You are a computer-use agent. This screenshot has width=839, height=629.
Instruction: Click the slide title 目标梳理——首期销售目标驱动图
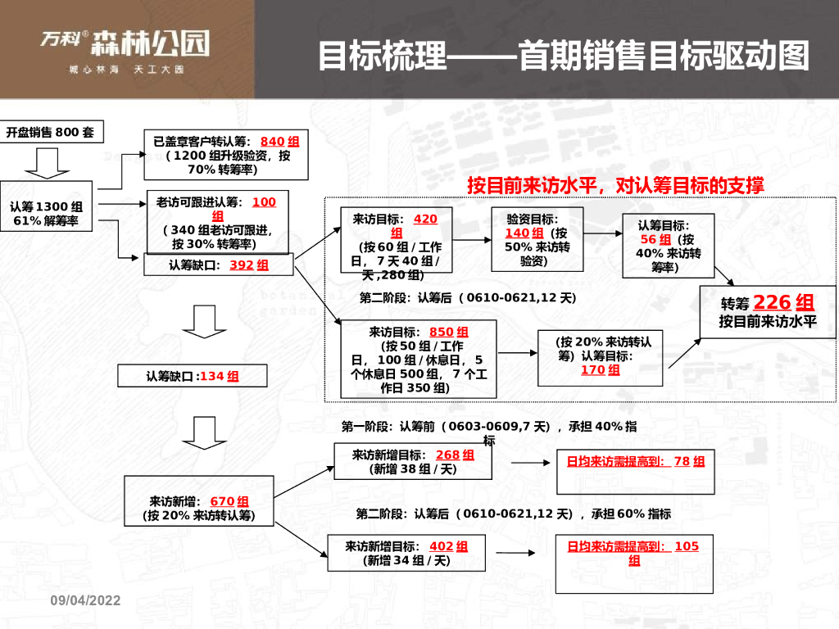pyautogui.click(x=563, y=56)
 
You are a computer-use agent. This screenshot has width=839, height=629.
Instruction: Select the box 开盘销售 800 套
pyautogui.click(x=51, y=132)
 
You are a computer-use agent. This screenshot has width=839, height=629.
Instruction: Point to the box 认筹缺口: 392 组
pyautogui.click(x=219, y=265)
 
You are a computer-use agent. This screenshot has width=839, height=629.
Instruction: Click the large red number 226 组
pyautogui.click(x=783, y=302)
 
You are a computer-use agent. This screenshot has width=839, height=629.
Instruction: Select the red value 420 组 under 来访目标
pyautogui.click(x=425, y=219)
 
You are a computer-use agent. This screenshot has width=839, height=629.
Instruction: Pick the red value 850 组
pyautogui.click(x=448, y=332)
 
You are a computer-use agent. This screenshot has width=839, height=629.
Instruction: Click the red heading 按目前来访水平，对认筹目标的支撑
pyautogui.click(x=615, y=185)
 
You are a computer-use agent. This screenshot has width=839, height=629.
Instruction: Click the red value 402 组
pyautogui.click(x=448, y=546)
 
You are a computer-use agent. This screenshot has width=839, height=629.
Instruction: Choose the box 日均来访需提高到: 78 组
pyautogui.click(x=635, y=470)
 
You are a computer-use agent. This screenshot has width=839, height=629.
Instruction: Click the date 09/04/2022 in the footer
pyautogui.click(x=85, y=600)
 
